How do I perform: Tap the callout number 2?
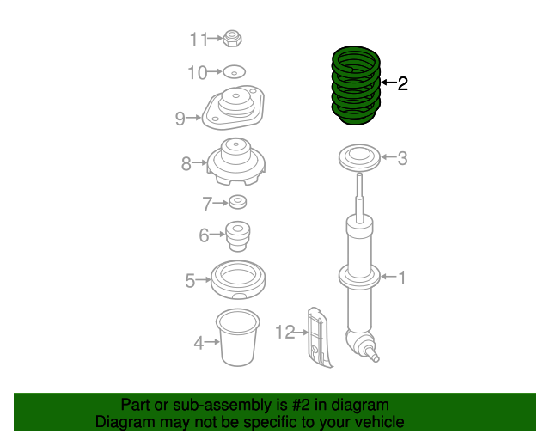402,83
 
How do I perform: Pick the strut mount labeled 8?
235,162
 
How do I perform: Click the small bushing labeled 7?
238,203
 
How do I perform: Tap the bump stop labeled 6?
236,233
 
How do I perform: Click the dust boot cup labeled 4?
236,339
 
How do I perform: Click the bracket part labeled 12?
319,336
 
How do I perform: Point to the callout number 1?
400,277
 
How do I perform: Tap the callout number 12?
284,330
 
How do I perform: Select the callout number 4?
199,343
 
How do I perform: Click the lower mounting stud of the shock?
374,352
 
